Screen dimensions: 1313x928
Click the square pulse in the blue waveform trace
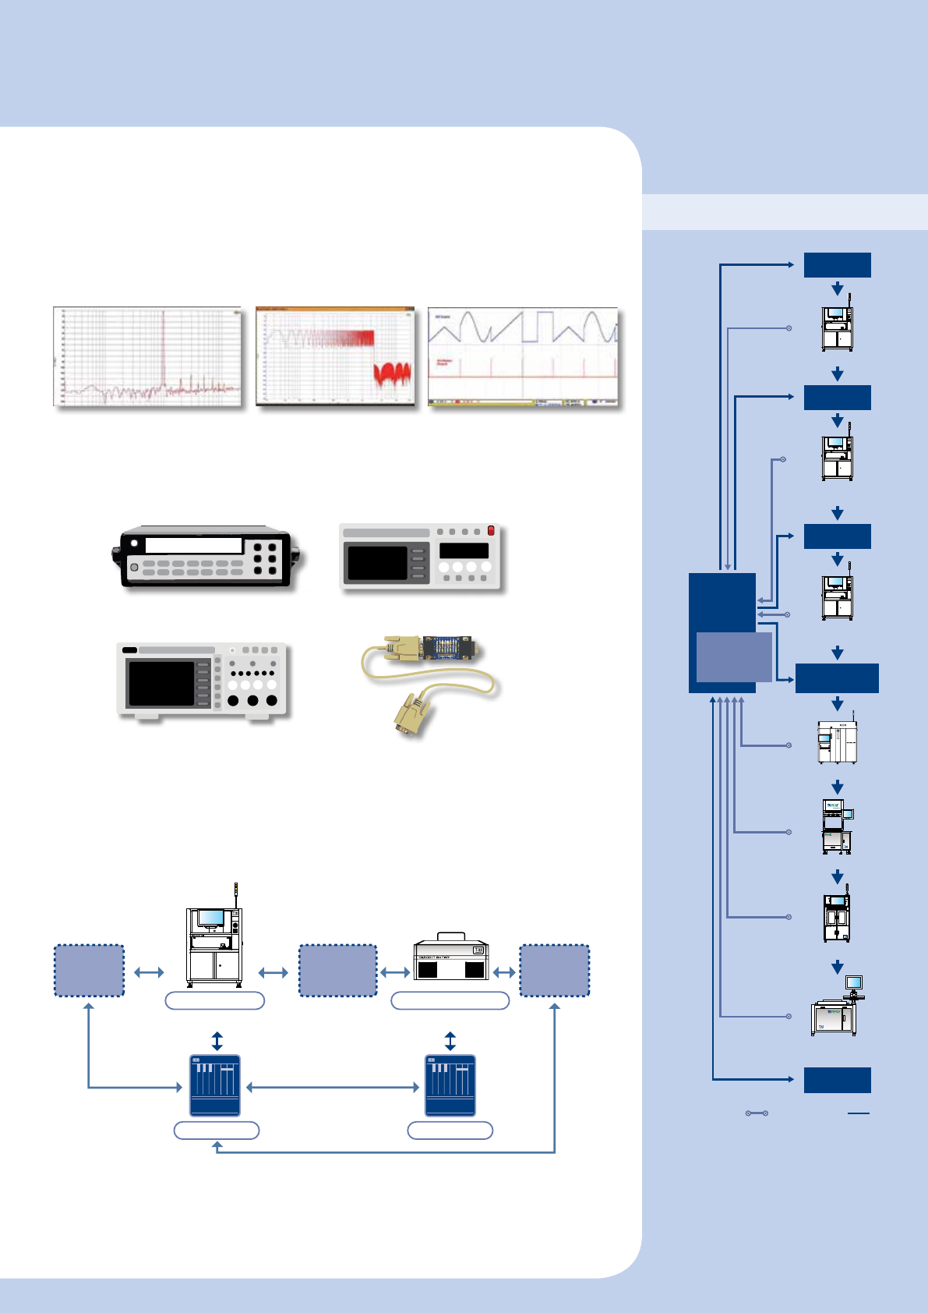[543, 325]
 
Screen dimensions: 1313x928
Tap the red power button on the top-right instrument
[491, 531]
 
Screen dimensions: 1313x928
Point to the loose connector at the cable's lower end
[410, 716]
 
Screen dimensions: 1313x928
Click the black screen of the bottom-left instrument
[161, 683]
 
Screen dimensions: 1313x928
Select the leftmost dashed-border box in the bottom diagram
[89, 971]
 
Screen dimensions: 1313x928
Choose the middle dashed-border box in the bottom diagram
[337, 971]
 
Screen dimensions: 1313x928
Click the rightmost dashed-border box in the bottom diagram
[554, 971]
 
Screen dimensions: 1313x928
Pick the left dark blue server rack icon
[215, 1086]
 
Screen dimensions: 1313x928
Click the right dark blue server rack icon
[450, 1086]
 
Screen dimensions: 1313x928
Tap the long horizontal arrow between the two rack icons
[333, 1087]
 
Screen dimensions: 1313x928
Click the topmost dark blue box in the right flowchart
[837, 265]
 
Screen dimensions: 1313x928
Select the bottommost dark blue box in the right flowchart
[837, 1080]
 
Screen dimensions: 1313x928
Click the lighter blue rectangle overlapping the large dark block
[733, 657]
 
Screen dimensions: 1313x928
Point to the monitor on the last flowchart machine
[854, 982]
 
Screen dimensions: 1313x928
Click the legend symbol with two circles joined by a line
[757, 1113]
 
